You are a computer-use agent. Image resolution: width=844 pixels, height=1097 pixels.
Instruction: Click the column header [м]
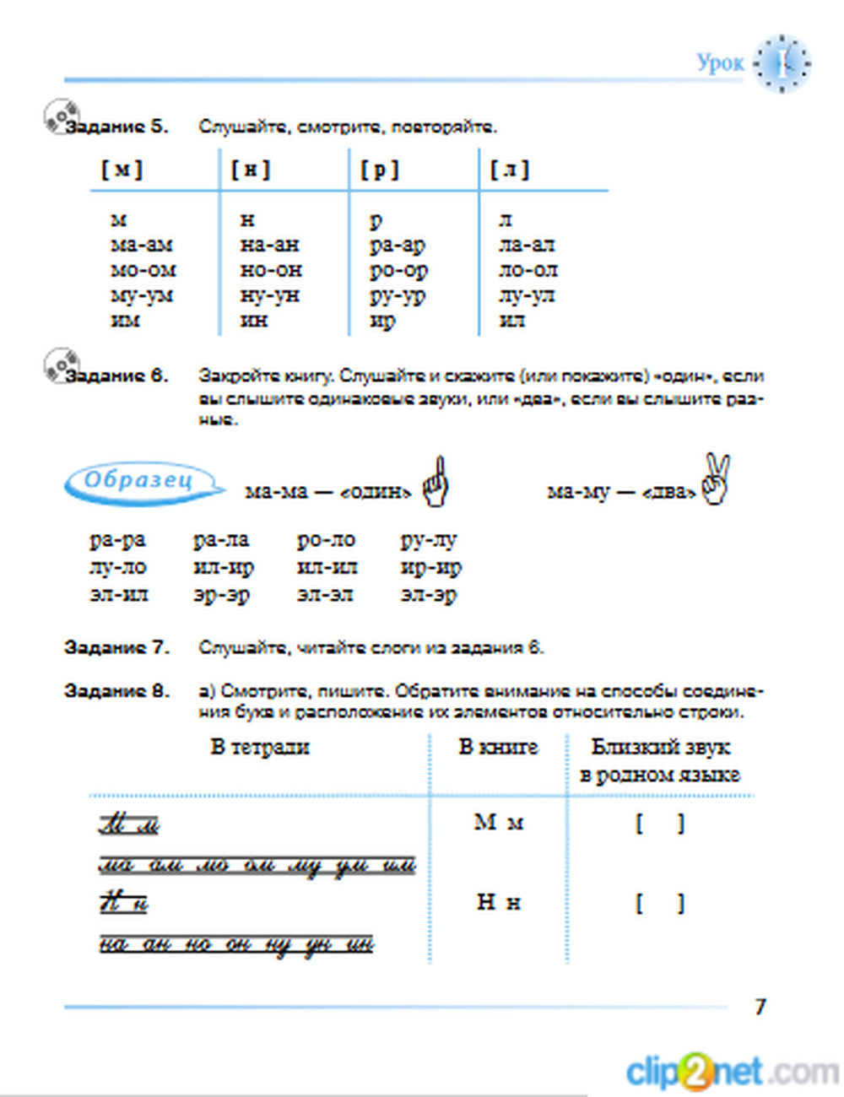point(122,170)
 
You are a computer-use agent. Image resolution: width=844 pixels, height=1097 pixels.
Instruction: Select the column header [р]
point(380,170)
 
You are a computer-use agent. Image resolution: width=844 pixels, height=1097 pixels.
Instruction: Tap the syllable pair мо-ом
point(143,270)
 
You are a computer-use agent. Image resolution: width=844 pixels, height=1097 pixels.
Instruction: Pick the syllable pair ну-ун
point(270,295)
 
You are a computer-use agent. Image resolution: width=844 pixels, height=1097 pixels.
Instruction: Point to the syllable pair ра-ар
point(398,245)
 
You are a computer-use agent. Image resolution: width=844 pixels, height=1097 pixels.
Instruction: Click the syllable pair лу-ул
point(527,295)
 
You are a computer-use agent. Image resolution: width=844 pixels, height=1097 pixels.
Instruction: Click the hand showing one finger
point(436,482)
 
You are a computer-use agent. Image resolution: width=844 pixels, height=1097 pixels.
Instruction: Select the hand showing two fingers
point(716,478)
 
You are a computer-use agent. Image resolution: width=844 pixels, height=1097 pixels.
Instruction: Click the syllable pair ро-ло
point(326,540)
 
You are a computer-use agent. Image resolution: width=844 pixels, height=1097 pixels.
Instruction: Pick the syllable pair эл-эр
point(429,595)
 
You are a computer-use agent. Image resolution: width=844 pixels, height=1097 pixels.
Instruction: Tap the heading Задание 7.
point(116,648)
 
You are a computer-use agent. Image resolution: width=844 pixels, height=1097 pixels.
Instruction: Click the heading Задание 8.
point(116,691)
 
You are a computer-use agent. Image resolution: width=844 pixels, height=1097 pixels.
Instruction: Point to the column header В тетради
point(260,747)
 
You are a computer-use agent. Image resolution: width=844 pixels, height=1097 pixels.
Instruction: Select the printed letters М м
point(499,822)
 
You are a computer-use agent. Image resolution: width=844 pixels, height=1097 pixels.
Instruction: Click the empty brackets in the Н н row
point(660,903)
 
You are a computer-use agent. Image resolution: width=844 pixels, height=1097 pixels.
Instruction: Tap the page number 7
point(760,1006)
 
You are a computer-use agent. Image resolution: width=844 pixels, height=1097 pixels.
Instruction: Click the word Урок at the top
point(720,62)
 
